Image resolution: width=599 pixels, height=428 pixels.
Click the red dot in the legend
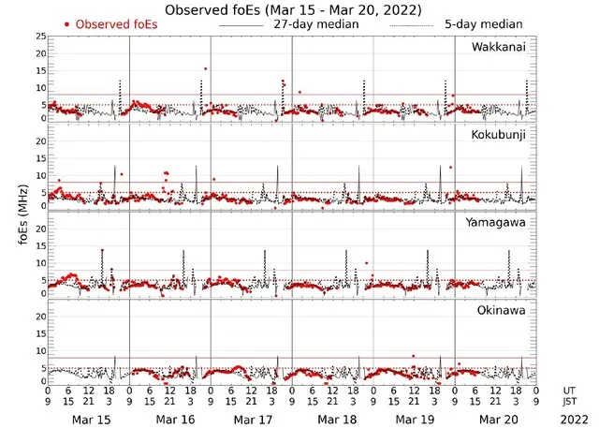pos(66,24)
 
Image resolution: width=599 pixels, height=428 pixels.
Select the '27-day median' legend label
pos(315,24)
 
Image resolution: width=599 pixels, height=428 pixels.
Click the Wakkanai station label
pos(499,47)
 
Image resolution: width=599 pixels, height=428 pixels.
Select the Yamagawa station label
pos(497,222)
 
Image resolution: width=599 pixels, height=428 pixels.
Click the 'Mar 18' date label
pos(333,421)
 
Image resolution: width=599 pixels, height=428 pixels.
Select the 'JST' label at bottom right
pos(570,402)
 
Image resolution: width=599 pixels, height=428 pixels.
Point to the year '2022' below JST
pos(570,421)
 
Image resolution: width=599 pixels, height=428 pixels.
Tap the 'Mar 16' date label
pos(171,421)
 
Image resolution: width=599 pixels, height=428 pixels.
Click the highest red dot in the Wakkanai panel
pos(205,68)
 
